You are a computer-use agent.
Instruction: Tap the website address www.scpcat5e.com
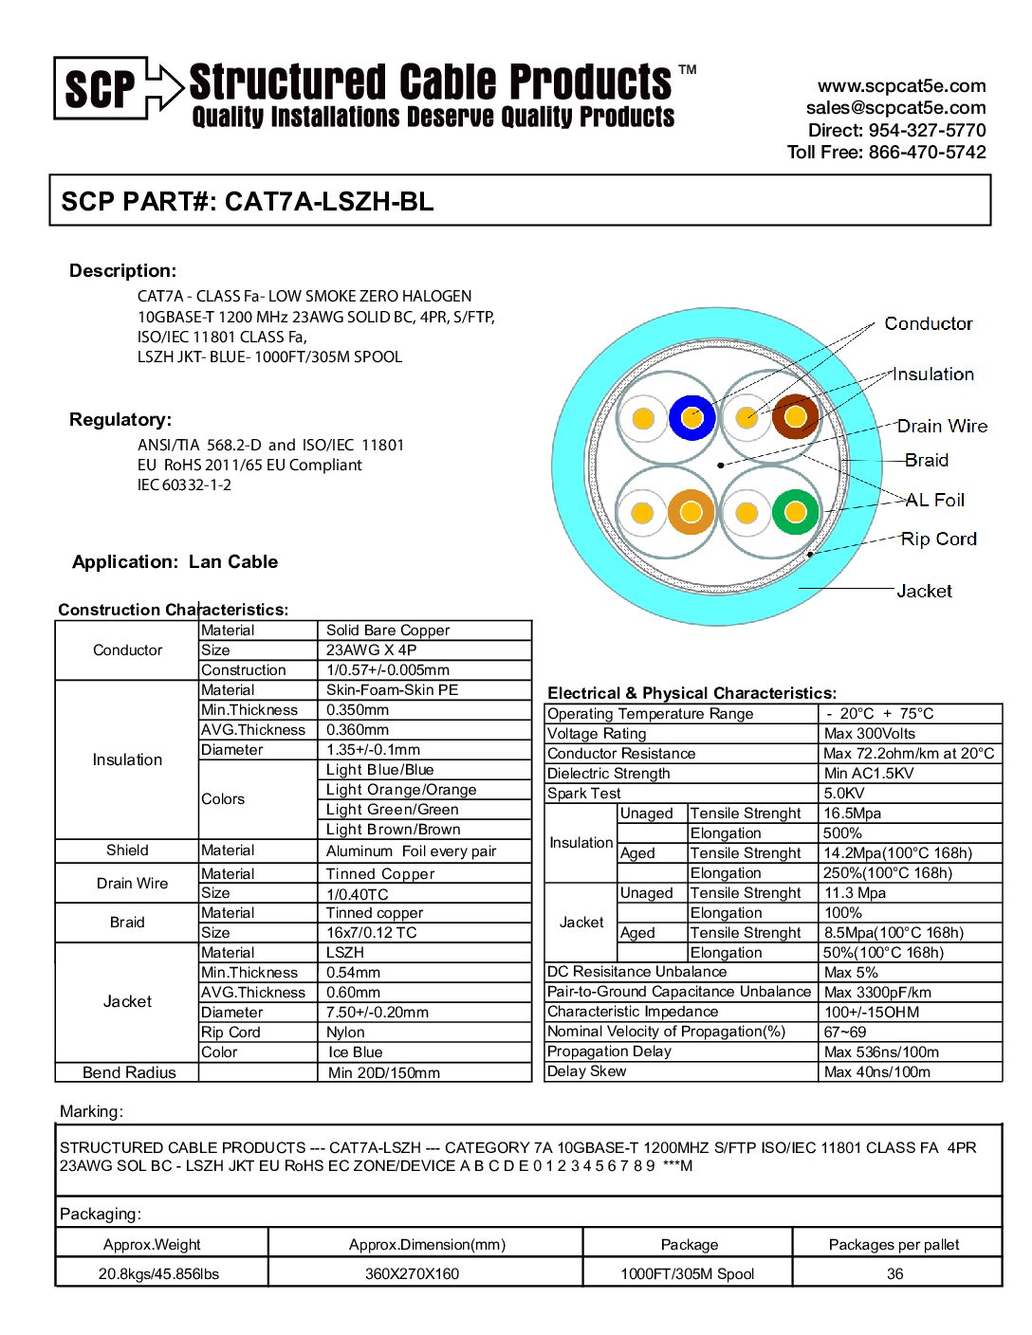[x=901, y=86]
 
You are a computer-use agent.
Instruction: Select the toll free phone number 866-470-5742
[x=927, y=153]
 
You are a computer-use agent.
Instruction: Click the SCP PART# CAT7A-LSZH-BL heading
[x=248, y=201]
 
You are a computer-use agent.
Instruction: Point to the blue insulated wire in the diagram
[x=692, y=417]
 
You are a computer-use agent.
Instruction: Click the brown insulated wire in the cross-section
[x=795, y=417]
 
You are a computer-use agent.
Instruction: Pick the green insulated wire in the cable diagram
[x=795, y=513]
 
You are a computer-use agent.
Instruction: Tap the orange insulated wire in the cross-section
[x=691, y=513]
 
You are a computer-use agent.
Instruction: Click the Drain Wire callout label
[x=942, y=427]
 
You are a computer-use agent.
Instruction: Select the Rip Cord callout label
[x=938, y=539]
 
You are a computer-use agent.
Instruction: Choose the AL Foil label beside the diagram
[x=934, y=500]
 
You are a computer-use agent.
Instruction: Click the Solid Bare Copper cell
[x=388, y=631]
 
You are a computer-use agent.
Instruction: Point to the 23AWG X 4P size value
[x=371, y=650]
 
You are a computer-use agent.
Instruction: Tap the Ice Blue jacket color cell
[x=355, y=1052]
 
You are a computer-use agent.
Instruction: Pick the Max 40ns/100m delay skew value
[x=877, y=1072]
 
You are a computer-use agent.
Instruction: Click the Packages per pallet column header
[x=894, y=1245]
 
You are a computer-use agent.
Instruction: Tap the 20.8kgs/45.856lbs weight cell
[x=158, y=1274]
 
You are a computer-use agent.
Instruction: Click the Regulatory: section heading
[x=120, y=420]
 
